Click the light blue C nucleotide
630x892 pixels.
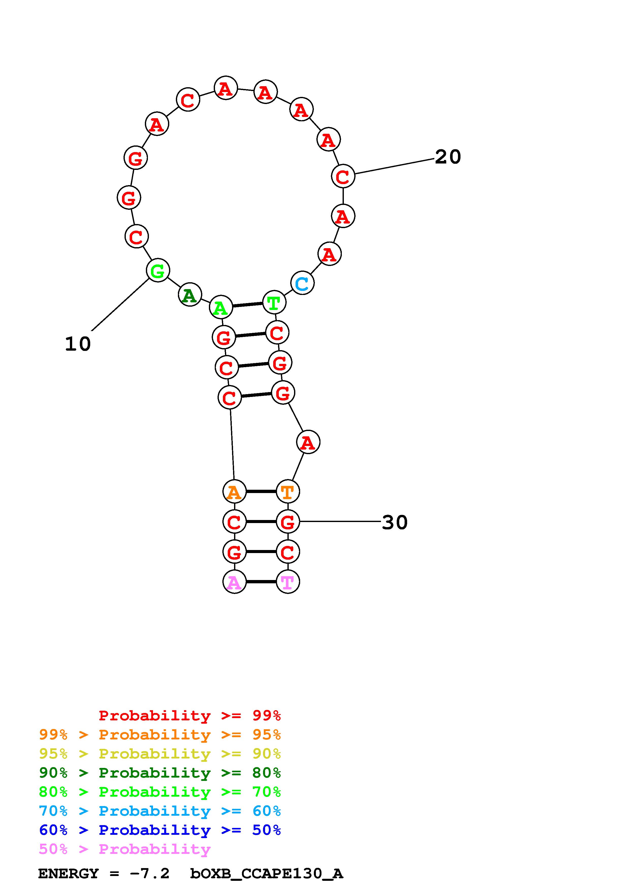302,283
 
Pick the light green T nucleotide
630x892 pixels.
274,302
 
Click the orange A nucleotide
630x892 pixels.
234,492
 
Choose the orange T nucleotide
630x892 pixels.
288,492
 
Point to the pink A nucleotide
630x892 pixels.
234,582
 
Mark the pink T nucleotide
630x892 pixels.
288,582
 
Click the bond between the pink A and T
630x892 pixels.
261,582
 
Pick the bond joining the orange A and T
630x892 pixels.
261,492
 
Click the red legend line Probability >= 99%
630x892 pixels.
189,716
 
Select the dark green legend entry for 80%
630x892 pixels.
160,773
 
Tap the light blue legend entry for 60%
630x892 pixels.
160,811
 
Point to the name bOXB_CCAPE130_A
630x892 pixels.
266,874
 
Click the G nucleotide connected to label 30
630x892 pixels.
288,522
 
